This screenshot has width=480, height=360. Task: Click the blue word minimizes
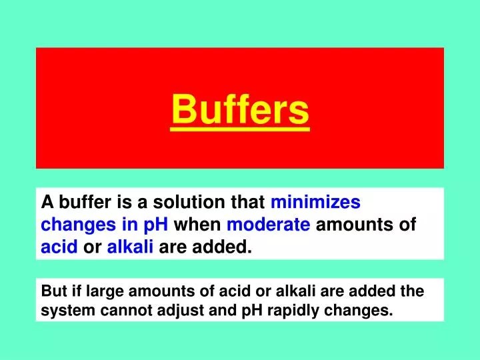316,203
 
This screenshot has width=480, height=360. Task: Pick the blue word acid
60,249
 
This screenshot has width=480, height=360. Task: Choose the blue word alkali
131,249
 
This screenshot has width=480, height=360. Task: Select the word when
198,225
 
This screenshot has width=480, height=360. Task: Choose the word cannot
126,311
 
